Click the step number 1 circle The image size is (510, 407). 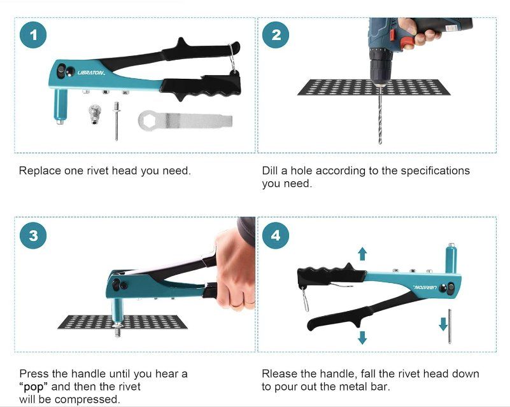(x=33, y=35)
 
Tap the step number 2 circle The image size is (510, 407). (x=276, y=35)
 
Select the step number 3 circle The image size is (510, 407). (x=33, y=235)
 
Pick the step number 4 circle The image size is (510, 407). (x=276, y=235)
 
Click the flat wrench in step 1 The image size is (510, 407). (x=185, y=120)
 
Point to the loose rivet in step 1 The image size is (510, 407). (x=117, y=121)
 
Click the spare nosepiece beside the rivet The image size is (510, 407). (x=94, y=114)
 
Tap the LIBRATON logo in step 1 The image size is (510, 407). (x=91, y=72)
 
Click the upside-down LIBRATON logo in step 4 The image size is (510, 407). (x=425, y=287)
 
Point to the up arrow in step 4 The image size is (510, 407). (x=362, y=254)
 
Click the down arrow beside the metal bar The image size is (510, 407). (x=443, y=324)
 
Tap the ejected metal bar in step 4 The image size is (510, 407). (x=450, y=326)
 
